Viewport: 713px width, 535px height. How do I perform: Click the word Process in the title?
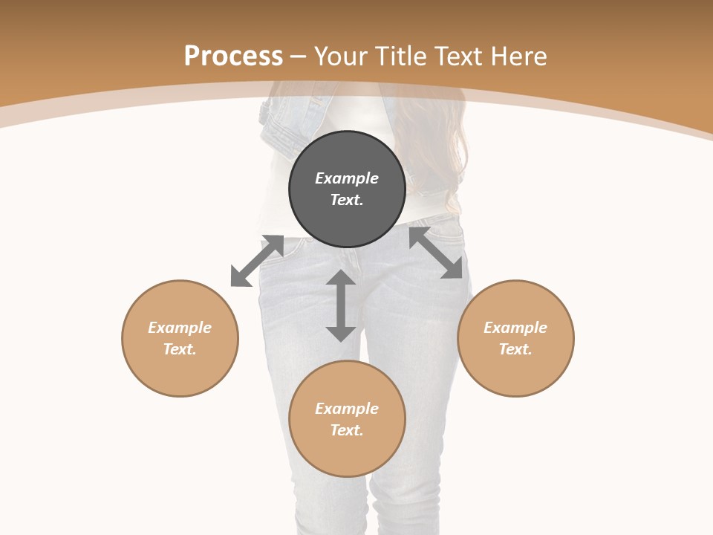point(233,56)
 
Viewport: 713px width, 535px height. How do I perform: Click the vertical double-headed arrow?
point(341,305)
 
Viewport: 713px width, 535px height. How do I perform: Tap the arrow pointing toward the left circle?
point(257,261)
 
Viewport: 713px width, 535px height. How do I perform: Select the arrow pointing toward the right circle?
point(436,253)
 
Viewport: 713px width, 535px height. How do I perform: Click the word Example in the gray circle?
point(347,178)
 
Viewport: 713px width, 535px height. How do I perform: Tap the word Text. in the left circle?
point(180,349)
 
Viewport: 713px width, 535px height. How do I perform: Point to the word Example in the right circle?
point(515,328)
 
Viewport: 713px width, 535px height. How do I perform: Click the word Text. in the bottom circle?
point(347,430)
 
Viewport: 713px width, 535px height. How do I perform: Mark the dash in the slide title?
point(299,56)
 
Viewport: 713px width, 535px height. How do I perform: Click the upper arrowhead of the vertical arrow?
point(341,279)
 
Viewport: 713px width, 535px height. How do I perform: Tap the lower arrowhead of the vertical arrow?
point(341,333)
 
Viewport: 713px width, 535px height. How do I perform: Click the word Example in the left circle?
point(180,328)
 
